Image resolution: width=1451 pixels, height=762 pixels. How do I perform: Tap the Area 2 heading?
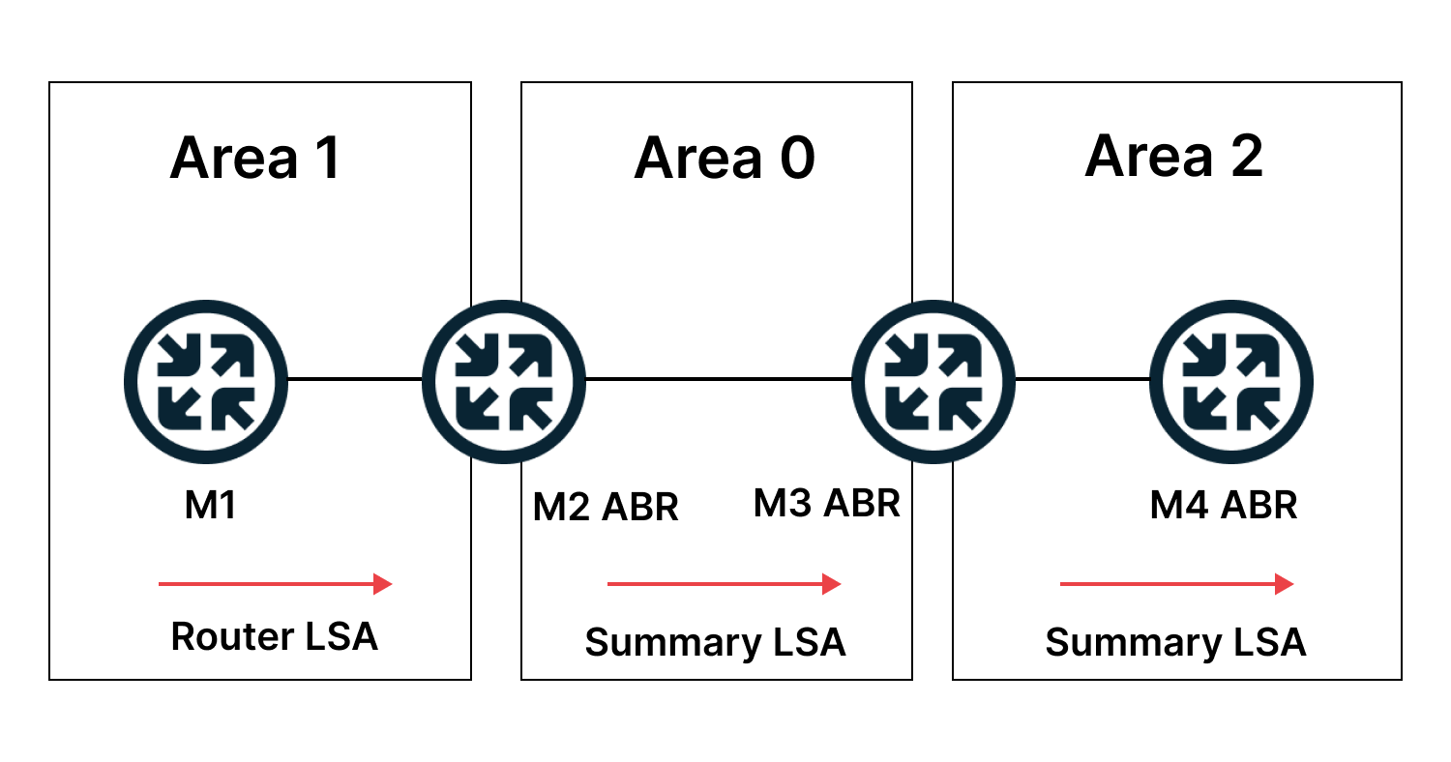[x=1173, y=156]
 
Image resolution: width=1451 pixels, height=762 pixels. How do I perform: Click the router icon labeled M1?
[x=206, y=380]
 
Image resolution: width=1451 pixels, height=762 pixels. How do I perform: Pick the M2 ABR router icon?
[x=504, y=380]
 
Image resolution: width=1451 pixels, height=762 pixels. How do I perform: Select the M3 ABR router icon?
[x=933, y=380]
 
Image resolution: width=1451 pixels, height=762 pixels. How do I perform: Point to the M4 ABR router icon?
[x=1230, y=380]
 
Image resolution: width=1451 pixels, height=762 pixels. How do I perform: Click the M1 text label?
[x=211, y=505]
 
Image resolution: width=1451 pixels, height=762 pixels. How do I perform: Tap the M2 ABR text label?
[x=606, y=507]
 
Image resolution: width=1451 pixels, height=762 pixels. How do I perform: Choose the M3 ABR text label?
[x=826, y=503]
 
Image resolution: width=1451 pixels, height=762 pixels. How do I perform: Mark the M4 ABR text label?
[x=1223, y=505]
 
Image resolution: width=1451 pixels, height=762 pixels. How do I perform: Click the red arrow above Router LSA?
[x=275, y=583]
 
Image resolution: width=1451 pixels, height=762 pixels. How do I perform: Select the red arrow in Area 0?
[x=724, y=583]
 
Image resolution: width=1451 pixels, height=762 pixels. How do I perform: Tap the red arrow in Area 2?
[x=1176, y=583]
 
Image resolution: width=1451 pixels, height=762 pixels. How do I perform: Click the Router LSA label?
[x=274, y=636]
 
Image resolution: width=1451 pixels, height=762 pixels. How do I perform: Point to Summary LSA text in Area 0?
[x=715, y=642]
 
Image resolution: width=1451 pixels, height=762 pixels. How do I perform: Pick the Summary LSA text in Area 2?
[x=1175, y=642]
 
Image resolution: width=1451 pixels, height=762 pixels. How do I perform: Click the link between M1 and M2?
[x=354, y=379]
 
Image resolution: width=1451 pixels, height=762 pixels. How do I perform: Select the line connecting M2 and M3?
[x=718, y=379]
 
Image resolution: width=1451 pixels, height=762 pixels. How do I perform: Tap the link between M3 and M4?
[x=1081, y=379]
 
